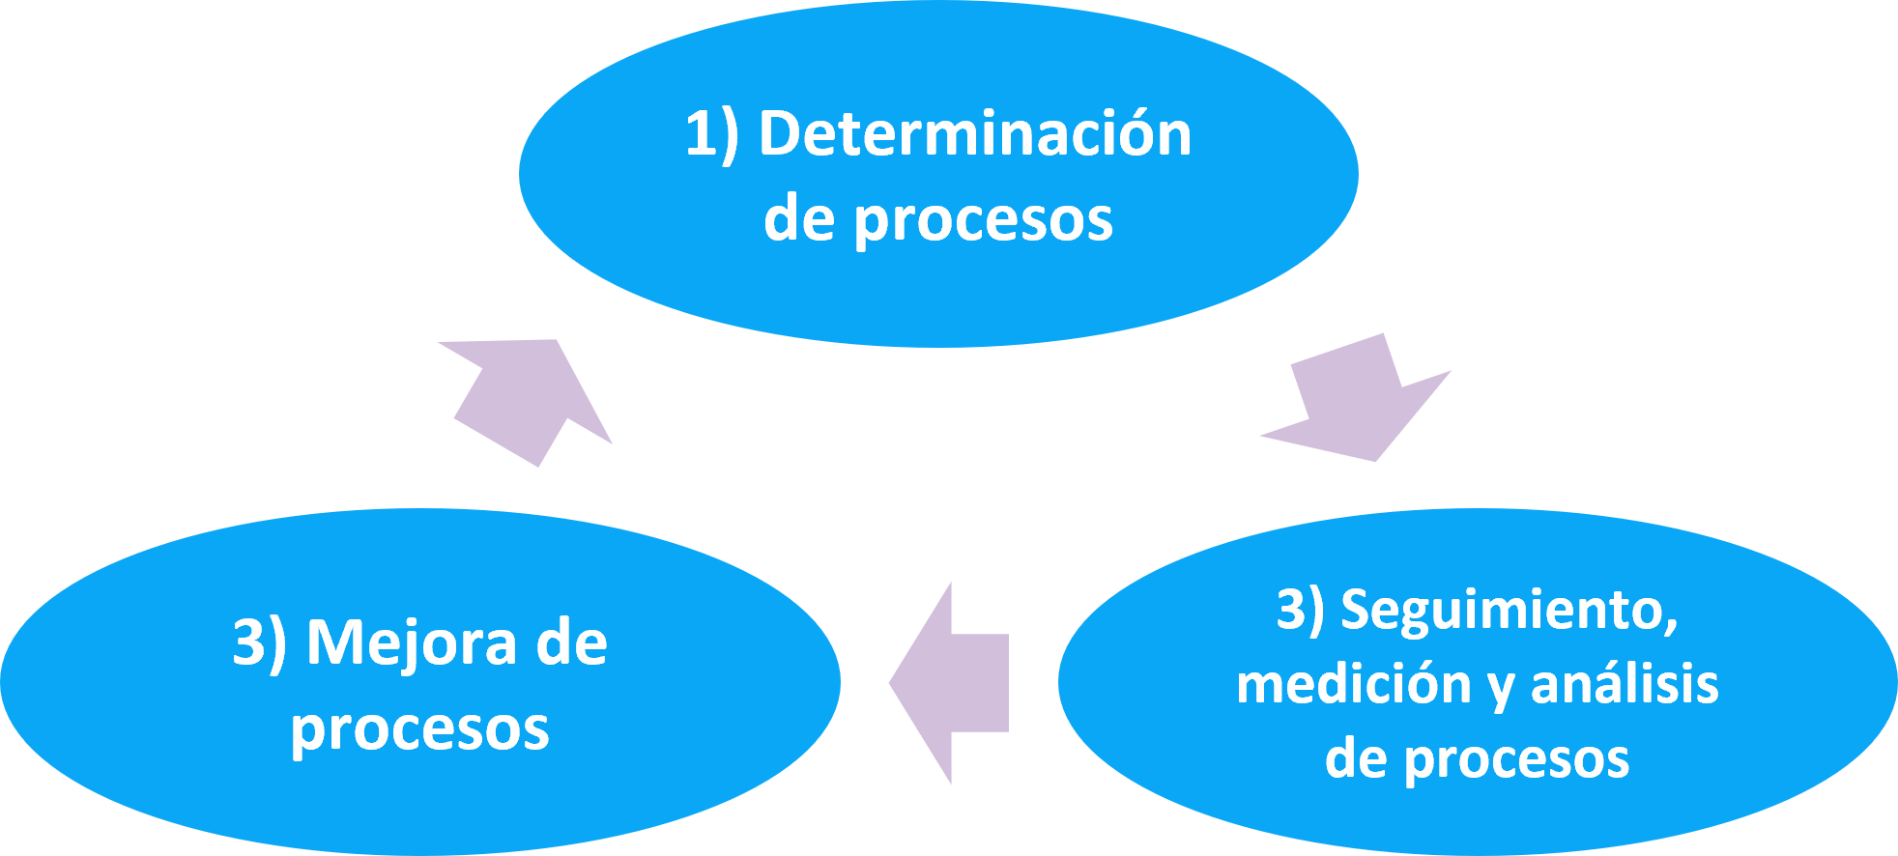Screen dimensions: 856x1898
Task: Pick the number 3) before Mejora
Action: [259, 642]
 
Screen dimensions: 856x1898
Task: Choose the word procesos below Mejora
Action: [419, 730]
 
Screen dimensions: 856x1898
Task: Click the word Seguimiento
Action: [1507, 612]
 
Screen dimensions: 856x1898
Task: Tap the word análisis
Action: [1625, 684]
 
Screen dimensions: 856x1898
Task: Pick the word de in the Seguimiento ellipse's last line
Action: [1356, 758]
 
